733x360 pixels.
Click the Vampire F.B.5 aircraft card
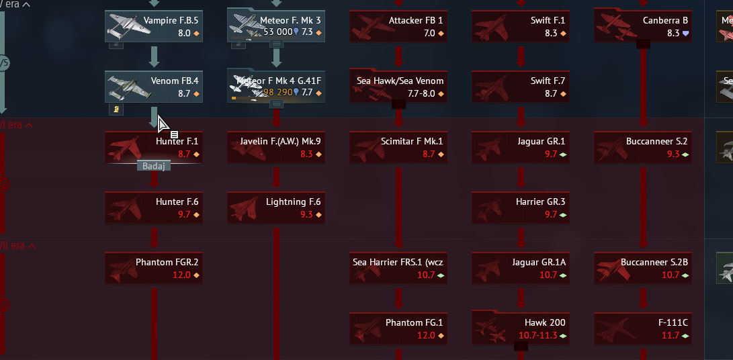pyautogui.click(x=154, y=26)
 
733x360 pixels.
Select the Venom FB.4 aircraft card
pyautogui.click(x=154, y=87)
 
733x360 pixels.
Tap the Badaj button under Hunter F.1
pyautogui.click(x=154, y=166)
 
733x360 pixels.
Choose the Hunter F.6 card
pyautogui.click(x=154, y=208)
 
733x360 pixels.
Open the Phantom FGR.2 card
pyautogui.click(x=154, y=268)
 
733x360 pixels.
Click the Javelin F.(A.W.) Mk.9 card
pyautogui.click(x=276, y=147)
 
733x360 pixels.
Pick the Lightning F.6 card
pyautogui.click(x=276, y=208)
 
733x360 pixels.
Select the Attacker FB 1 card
pyautogui.click(x=398, y=26)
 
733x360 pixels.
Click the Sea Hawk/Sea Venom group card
pyautogui.click(x=398, y=87)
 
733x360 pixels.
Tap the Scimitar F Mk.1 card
pyautogui.click(x=398, y=147)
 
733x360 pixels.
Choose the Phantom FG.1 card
pyautogui.click(x=398, y=328)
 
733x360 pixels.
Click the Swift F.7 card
pyautogui.click(x=521, y=87)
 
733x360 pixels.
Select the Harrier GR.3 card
pyautogui.click(x=521, y=208)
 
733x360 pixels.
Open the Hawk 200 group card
pyautogui.click(x=521, y=328)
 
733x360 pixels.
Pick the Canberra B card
pyautogui.click(x=643, y=26)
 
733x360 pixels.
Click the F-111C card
pyautogui.click(x=643, y=328)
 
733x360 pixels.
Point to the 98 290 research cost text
pyautogui.click(x=277, y=93)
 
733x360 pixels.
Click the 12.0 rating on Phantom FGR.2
pyautogui.click(x=181, y=275)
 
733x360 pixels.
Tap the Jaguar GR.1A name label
pyautogui.click(x=544, y=262)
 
